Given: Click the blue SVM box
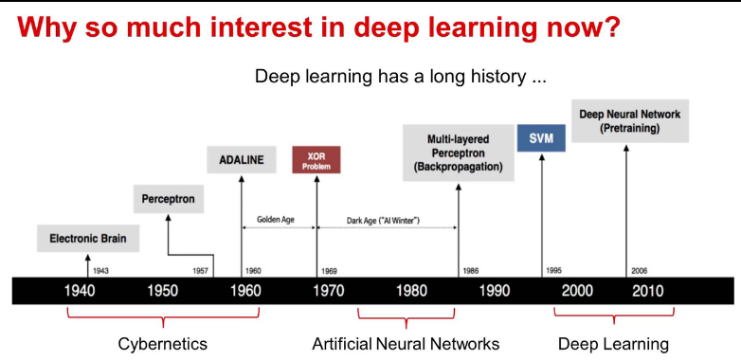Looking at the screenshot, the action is point(541,138).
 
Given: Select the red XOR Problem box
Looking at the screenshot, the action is point(316,160).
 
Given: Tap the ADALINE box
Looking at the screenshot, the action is point(242,160).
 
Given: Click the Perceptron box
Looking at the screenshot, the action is point(169,198).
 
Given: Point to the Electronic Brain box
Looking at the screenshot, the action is point(88,238).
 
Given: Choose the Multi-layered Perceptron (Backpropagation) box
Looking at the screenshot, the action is point(458,153).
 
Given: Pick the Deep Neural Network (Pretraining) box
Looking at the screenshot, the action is point(630,121).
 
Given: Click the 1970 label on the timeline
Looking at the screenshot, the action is point(329,291).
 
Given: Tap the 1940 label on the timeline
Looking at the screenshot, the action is point(80,291).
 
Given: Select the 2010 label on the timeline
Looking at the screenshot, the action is point(648,291).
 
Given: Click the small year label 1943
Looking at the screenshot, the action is point(100,271).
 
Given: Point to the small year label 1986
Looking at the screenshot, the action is point(471,271).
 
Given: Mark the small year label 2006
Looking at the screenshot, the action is point(640,271).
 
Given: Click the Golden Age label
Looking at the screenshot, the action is point(279,220).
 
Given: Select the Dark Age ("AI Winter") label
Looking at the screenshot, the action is point(383,220).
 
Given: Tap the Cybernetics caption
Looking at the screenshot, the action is point(163,344).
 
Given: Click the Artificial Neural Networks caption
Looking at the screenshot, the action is point(406,344).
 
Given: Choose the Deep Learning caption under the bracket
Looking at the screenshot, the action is point(613,344).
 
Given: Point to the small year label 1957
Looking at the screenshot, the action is point(200,271).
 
